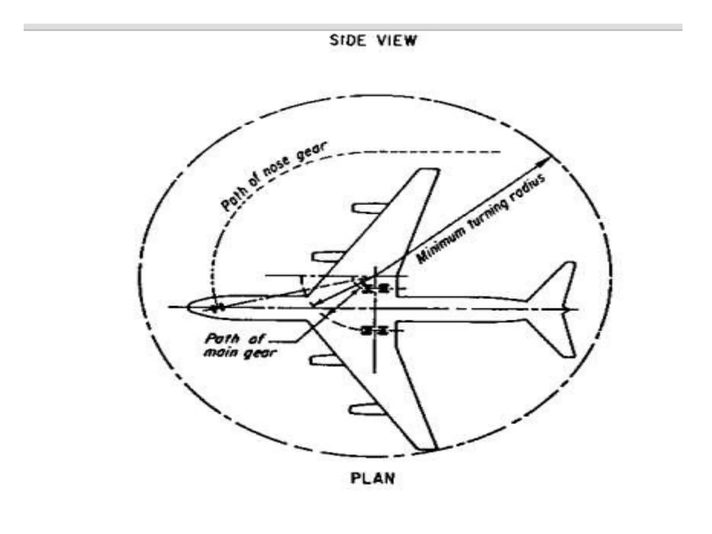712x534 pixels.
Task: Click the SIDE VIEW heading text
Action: tap(372, 41)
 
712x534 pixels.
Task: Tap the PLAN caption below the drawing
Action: tap(372, 479)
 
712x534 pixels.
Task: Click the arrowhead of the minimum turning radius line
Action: tap(546, 161)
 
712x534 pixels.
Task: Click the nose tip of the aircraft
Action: tap(188, 307)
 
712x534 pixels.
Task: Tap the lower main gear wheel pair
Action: tap(374, 331)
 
